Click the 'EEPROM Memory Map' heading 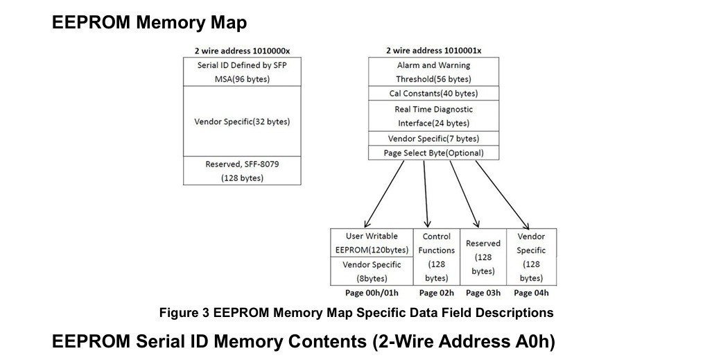tap(149, 22)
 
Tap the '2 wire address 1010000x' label tap(242, 51)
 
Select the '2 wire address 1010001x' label tap(433, 51)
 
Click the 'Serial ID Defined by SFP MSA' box tap(242, 71)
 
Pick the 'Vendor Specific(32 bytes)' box tap(242, 121)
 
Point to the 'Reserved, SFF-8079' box tap(242, 171)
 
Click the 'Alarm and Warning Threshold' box tap(433, 71)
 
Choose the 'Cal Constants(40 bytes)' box tap(433, 94)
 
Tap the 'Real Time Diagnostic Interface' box tap(433, 116)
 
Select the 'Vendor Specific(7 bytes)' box tap(433, 139)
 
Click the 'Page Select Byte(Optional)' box tap(433, 153)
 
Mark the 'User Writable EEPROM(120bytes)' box tap(372, 243)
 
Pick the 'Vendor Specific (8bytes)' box tap(372, 271)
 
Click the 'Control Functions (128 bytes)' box tap(437, 257)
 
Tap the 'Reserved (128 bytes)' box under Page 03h tap(483, 257)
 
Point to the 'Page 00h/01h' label tap(372, 293)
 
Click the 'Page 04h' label tap(531, 293)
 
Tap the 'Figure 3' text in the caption tap(184, 313)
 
